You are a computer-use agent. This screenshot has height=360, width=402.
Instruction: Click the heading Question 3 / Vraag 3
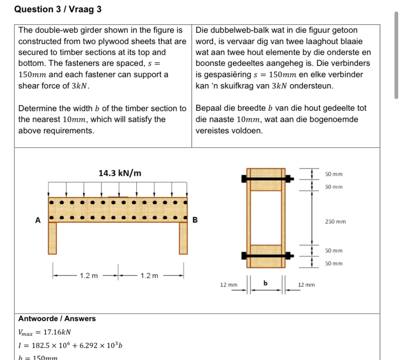click(58, 9)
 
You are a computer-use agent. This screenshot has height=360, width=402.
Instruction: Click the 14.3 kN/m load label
click(119, 173)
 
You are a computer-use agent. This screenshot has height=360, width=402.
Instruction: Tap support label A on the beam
click(38, 220)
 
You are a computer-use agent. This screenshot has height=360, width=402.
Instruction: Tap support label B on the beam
click(195, 220)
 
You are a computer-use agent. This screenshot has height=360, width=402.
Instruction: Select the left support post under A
click(52, 238)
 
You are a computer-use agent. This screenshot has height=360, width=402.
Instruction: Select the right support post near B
click(183, 238)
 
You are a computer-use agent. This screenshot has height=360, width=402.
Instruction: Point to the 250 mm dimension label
click(335, 221)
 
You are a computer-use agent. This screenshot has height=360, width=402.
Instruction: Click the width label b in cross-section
click(265, 283)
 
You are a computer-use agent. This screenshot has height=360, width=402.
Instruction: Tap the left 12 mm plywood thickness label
click(229, 285)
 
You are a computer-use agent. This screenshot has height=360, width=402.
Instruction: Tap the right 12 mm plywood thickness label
click(307, 285)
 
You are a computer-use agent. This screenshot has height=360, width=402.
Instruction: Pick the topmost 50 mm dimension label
click(334, 174)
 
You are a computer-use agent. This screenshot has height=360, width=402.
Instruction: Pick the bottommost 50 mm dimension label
click(334, 264)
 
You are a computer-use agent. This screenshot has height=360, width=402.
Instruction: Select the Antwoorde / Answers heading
click(57, 319)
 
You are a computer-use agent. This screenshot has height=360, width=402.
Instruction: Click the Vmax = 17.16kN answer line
click(45, 333)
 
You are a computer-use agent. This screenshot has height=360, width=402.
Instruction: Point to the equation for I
click(70, 346)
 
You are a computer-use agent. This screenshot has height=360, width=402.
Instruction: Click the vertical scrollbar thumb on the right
click(396, 54)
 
